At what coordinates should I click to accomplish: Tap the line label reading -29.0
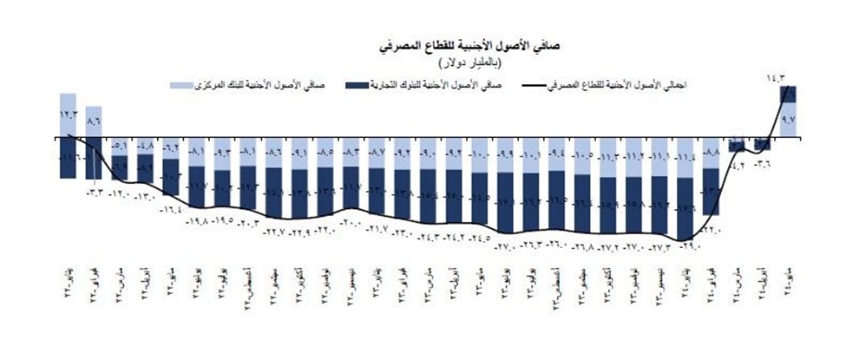[x=688, y=248]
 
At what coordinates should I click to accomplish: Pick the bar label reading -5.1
[x=121, y=146]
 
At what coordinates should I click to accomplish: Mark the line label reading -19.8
[x=197, y=223]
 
